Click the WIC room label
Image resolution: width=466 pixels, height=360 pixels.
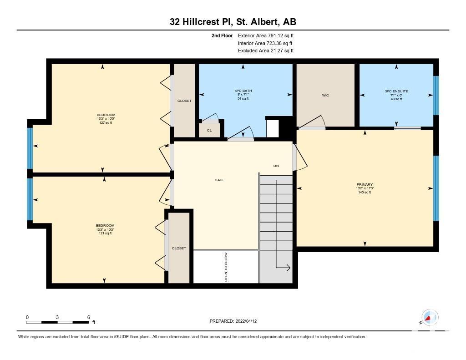coord(325,96)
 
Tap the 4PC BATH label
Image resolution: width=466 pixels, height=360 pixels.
coord(243,91)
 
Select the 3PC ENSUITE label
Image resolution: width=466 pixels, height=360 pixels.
coord(396,91)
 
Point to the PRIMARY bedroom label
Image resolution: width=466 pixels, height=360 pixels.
coord(365,185)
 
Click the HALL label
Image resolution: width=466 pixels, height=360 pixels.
coord(219,180)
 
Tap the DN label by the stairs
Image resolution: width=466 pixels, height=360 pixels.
coord(276,166)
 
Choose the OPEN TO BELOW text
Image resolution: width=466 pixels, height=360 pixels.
coord(226,267)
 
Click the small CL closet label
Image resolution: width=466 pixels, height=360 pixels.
coord(209,131)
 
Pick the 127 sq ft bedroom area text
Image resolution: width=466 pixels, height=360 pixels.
coord(106,122)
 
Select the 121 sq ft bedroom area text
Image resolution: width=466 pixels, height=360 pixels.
coord(105,233)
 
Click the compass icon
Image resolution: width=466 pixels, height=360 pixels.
coord(430,317)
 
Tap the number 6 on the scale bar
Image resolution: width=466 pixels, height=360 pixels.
coord(89,317)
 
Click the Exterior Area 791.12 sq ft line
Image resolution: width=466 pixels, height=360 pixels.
coord(266,35)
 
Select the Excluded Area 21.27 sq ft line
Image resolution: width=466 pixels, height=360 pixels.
coord(266,51)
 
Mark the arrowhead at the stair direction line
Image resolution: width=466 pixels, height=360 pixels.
coord(288,268)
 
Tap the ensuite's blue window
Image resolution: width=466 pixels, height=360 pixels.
coord(436,95)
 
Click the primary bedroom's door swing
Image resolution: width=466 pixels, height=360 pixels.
coord(300,157)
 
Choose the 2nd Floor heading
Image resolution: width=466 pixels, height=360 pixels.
coord(222,35)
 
